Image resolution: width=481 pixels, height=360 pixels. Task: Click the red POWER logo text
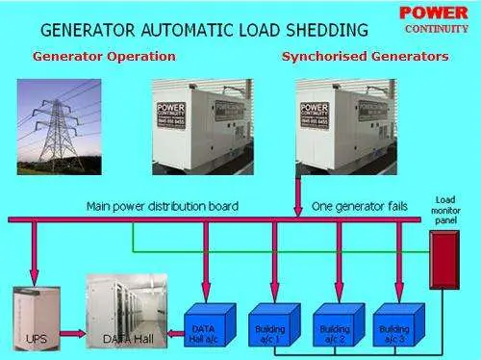[x=433, y=13]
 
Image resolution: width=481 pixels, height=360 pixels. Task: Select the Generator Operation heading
[x=104, y=56]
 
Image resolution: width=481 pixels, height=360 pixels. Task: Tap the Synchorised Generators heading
[x=365, y=56]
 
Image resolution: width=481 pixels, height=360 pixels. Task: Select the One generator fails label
[x=359, y=206]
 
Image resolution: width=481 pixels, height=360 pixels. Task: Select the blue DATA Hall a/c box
[x=211, y=324]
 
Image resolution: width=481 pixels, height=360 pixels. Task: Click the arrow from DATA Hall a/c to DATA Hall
[x=173, y=336]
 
